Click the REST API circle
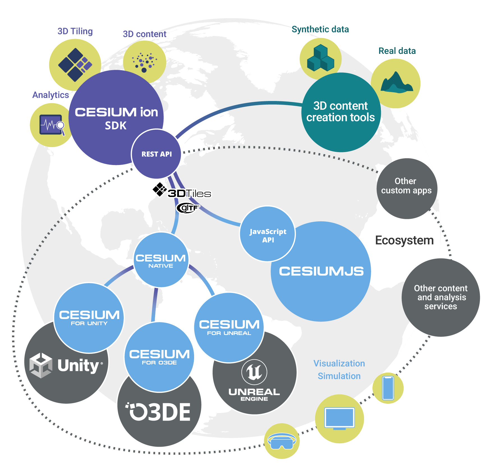coord(156,154)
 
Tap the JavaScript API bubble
coord(268,234)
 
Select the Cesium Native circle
coord(161,260)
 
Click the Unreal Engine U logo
coord(254,372)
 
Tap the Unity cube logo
coord(41,365)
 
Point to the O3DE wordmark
coord(159,412)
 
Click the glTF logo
coord(188,208)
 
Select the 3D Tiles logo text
coord(189,193)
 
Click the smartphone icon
coord(388,388)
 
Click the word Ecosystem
coord(404,240)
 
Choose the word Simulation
coord(339,376)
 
